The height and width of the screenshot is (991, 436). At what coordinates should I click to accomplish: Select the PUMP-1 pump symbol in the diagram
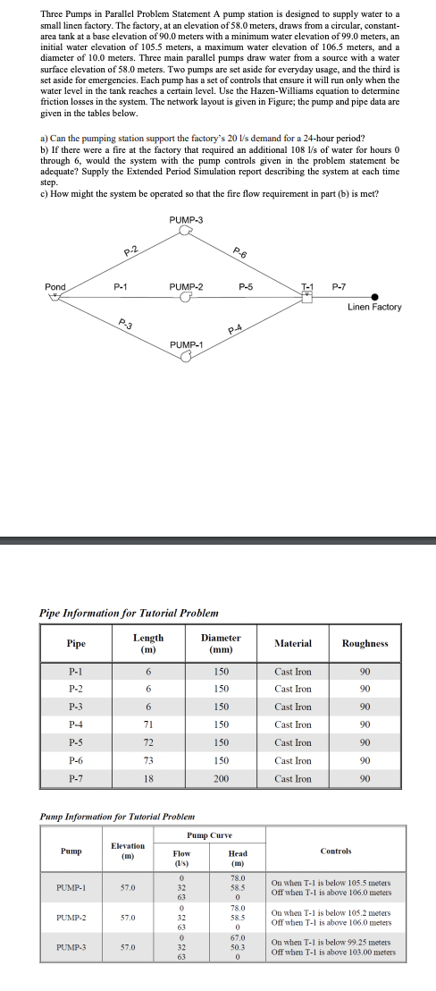coord(186,355)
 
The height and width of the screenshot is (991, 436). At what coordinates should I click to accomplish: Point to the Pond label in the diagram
coord(55,287)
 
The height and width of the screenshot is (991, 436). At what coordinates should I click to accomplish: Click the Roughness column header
coord(365,643)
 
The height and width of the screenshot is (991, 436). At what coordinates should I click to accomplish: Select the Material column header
coord(293,643)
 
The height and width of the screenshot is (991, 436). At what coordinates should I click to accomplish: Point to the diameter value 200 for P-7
coord(223,779)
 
